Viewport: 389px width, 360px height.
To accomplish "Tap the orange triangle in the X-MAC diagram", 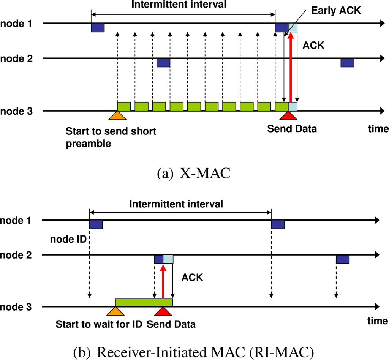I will point(117,116).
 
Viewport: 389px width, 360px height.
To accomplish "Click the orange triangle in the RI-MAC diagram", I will point(114,311).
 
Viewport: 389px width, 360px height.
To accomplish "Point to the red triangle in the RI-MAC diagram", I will point(163,311).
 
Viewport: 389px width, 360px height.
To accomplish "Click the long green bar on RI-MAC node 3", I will point(144,302).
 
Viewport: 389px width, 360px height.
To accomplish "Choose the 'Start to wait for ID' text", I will point(98,324).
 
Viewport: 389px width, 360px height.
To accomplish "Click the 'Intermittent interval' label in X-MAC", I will point(183,5).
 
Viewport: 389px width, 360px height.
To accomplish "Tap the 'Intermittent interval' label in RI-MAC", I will point(176,204).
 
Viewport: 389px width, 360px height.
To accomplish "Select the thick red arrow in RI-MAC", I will point(163,281).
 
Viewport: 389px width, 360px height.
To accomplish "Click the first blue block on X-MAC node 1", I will point(97,27).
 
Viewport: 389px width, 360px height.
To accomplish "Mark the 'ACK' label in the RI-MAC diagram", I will point(192,278).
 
